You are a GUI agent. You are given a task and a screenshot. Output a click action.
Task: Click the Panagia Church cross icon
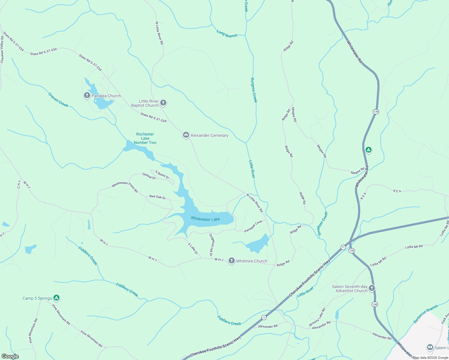point(87,96)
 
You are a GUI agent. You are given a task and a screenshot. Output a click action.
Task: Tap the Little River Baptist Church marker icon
point(163,103)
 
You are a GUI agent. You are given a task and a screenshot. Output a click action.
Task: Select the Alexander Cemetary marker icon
point(186,135)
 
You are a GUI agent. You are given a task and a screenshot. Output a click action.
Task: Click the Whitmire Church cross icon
point(232,261)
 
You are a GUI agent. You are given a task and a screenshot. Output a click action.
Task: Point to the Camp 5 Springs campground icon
point(56,298)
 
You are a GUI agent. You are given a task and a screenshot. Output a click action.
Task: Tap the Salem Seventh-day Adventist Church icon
point(372,289)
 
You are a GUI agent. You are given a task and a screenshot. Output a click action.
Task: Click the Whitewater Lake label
point(205,219)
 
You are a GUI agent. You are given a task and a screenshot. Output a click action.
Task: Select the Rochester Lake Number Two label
point(145,138)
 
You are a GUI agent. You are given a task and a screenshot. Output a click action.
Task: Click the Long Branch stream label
point(227,34)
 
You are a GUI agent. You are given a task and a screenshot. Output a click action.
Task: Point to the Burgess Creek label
point(254,90)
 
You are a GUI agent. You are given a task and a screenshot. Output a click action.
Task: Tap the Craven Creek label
point(58,100)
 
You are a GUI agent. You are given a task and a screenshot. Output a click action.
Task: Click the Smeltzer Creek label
point(323,223)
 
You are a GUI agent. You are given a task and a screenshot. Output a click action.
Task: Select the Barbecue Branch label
point(426,314)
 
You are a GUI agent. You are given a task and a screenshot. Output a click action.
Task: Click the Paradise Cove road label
point(253,226)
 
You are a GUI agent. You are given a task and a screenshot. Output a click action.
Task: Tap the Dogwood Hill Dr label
point(211,244)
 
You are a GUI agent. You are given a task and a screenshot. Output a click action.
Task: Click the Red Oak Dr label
point(158,197)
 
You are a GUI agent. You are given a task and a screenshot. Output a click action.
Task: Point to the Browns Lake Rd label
point(317,317)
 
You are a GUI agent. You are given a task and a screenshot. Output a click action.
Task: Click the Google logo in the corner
point(10,356)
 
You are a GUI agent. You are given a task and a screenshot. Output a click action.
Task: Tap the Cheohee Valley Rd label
point(2,49)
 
